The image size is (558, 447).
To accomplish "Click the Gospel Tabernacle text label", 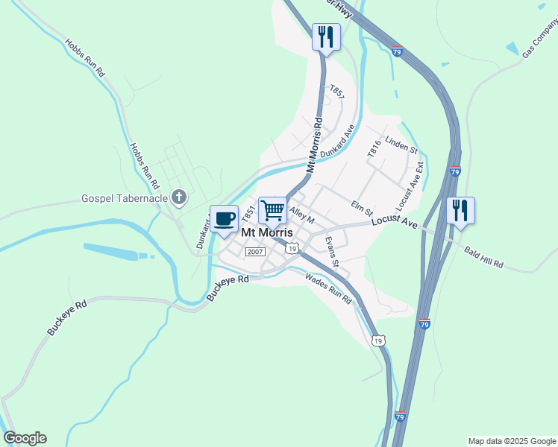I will [x=124, y=199].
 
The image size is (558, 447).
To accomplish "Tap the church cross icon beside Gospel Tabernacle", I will [x=178, y=197].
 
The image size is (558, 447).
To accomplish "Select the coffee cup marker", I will [x=224, y=219].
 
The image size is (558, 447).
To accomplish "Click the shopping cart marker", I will [x=273, y=212].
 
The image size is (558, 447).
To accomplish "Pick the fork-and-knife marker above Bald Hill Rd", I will [x=460, y=211].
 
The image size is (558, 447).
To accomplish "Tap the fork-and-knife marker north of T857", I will [x=325, y=37].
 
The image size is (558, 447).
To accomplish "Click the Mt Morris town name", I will [x=267, y=232].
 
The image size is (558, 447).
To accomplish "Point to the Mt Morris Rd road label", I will [x=314, y=145].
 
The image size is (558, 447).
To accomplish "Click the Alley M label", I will [x=302, y=216].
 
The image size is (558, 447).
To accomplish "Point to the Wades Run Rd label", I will [x=328, y=288].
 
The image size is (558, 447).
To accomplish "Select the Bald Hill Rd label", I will [x=484, y=258].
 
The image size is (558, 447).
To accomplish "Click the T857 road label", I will [x=337, y=92].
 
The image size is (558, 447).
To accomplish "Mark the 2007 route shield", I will [x=256, y=252].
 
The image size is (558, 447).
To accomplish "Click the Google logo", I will [x=25, y=438].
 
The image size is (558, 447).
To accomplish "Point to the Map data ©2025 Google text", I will [x=512, y=441].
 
